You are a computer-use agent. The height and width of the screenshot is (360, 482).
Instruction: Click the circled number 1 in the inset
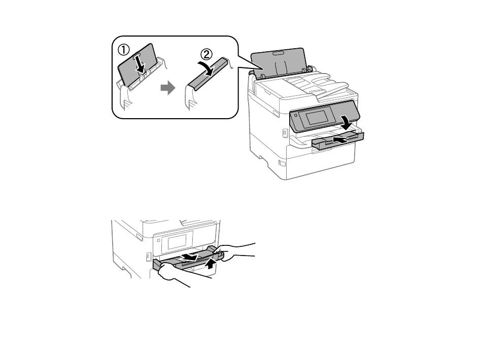pos(124,50)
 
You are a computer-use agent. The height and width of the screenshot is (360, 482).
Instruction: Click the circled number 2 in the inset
pos(206,55)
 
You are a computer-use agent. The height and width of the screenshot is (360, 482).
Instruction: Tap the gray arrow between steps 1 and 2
pos(168,88)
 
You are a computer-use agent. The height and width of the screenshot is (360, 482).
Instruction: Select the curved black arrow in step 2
pos(205,68)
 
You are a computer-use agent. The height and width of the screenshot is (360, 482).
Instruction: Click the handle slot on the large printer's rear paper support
pos(278,53)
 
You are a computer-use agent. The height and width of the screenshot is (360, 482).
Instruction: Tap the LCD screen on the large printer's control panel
pos(317,117)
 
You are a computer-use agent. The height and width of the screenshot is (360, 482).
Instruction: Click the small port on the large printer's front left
pos(284,133)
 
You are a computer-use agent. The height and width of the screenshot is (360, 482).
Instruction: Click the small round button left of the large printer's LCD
pos(295,116)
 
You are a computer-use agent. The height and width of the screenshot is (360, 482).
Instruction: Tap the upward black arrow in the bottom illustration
pos(210,263)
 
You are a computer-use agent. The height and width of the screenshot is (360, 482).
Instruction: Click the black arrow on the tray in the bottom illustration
pos(189,256)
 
